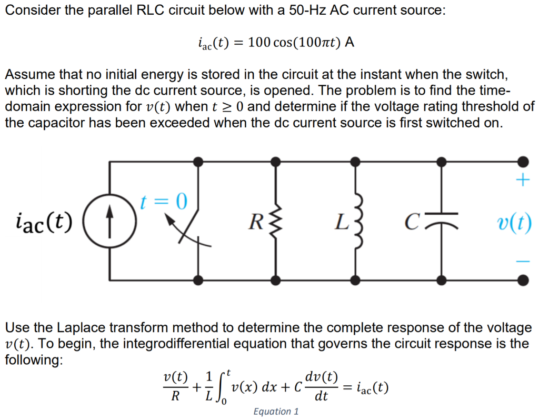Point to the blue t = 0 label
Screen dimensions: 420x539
(x=164, y=201)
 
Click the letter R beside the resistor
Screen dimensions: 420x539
(x=256, y=222)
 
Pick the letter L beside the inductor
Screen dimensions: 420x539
(x=341, y=222)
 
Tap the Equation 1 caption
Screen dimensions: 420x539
(x=276, y=412)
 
